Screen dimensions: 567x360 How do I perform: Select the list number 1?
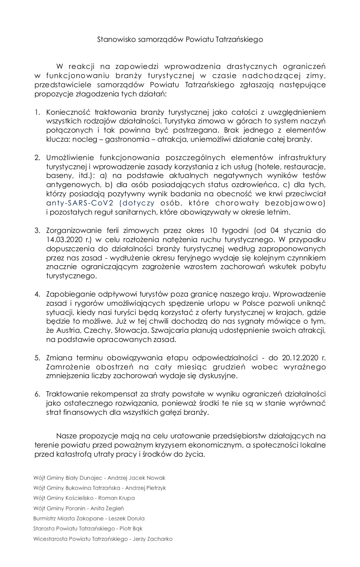pyautogui.click(x=37, y=112)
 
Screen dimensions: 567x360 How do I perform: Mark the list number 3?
pyautogui.click(x=37, y=230)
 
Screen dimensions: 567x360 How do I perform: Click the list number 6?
pyautogui.click(x=37, y=394)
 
